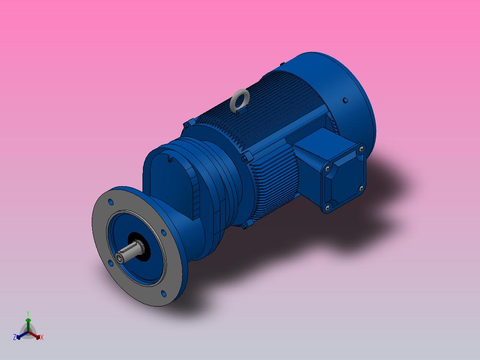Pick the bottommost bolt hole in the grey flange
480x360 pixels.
tap(163, 293)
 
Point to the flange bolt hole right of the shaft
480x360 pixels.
tap(163, 233)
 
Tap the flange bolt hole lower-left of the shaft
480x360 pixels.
tap(110, 262)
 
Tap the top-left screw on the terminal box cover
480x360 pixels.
tap(328, 168)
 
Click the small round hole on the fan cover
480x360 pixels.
tap(345, 101)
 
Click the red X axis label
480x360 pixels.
tap(41, 338)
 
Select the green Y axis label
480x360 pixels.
tap(28, 313)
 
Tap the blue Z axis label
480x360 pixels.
tap(15, 338)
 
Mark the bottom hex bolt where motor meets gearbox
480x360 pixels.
tap(244, 226)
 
